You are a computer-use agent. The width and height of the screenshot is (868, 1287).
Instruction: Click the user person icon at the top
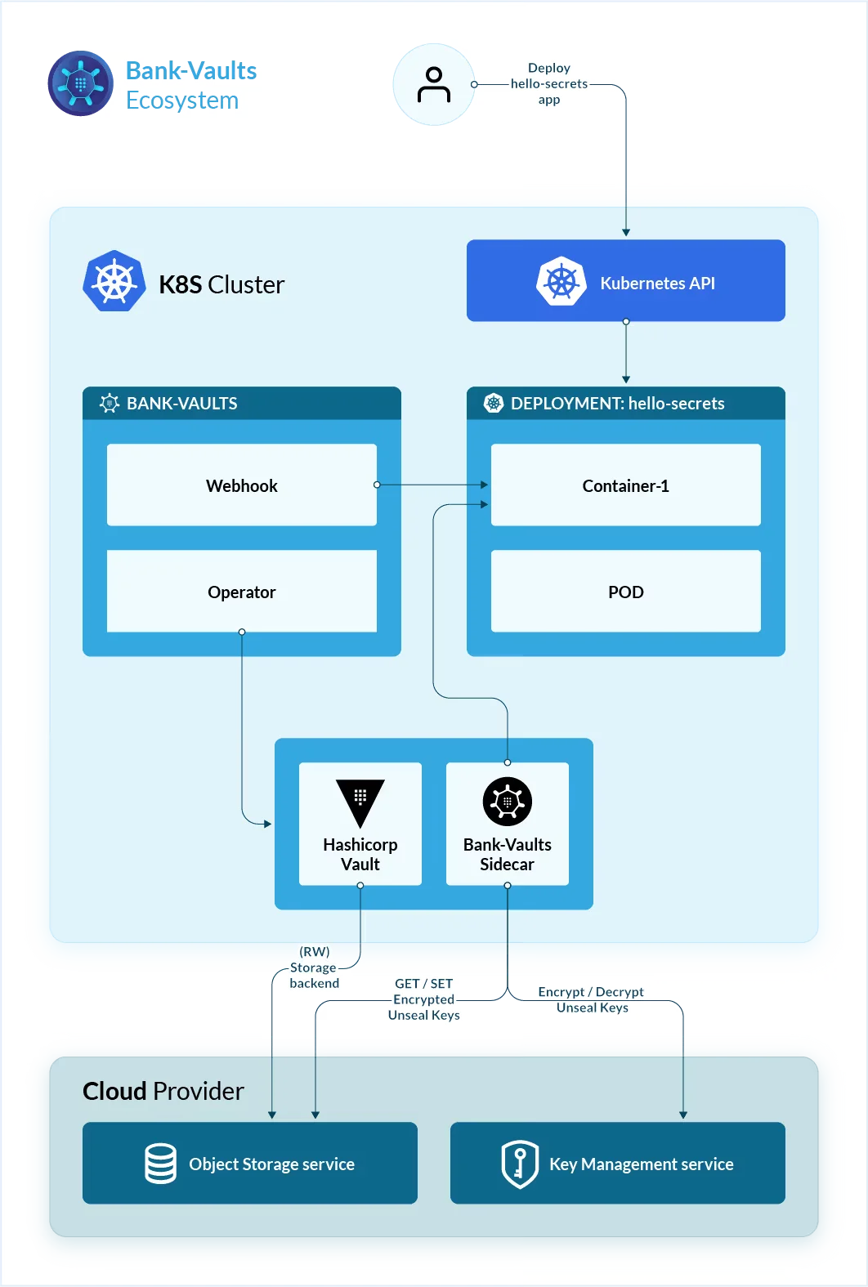433,85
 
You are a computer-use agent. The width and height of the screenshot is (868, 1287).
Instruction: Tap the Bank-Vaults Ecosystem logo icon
80,83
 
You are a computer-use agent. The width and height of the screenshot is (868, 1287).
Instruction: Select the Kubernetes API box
625,280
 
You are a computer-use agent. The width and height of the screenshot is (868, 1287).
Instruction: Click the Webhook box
241,485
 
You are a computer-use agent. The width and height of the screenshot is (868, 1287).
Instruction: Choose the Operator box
241,591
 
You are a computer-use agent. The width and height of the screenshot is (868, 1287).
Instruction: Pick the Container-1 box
625,485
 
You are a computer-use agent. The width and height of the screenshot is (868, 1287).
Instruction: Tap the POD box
625,591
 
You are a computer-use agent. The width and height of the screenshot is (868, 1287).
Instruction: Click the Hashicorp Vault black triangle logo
360,802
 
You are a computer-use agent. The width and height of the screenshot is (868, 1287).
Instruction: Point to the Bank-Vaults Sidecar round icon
507,801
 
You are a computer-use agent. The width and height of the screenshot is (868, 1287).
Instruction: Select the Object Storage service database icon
160,1163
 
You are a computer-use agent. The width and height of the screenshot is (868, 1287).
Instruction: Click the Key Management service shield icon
519,1164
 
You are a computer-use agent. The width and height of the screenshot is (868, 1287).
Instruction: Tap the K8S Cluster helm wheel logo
114,282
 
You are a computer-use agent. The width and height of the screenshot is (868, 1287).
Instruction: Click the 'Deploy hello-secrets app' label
549,83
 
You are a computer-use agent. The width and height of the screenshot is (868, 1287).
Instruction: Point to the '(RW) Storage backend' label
314,967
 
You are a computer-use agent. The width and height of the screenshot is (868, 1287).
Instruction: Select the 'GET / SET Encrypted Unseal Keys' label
423,999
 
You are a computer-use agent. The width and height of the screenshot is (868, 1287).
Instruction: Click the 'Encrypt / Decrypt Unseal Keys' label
592,999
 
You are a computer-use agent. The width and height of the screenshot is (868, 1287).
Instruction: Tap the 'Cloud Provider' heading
163,1091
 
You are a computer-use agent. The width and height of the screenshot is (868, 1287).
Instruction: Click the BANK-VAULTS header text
181,403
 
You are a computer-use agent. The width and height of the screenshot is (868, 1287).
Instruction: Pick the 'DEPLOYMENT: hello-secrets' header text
617,403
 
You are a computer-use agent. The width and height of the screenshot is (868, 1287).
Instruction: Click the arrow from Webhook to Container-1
432,485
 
